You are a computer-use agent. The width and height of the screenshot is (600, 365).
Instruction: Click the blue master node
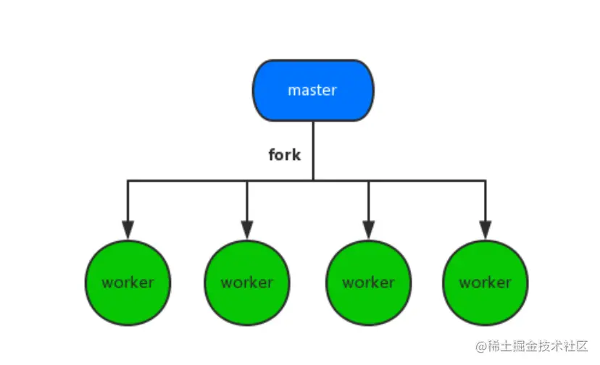pyautogui.click(x=313, y=91)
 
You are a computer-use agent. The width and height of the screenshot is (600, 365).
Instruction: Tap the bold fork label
pyautogui.click(x=284, y=154)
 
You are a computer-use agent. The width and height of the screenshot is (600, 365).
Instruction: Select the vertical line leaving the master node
pyautogui.click(x=313, y=148)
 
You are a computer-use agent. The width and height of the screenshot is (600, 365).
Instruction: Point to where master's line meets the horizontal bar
pyautogui.click(x=313, y=180)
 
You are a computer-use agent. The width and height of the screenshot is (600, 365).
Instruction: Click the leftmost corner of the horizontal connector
pyautogui.click(x=128, y=180)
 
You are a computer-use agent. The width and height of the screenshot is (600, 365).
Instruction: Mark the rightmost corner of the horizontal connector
pyautogui.click(x=485, y=180)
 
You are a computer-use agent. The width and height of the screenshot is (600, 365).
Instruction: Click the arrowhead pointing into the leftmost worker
pyautogui.click(x=128, y=229)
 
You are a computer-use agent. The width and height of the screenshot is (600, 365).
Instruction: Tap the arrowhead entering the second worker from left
pyautogui.click(x=247, y=229)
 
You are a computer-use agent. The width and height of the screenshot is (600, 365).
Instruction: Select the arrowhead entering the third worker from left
pyautogui.click(x=369, y=229)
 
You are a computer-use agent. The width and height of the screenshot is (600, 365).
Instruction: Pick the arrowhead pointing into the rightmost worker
pyautogui.click(x=485, y=229)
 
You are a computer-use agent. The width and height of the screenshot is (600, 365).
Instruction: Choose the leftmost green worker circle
pyautogui.click(x=128, y=282)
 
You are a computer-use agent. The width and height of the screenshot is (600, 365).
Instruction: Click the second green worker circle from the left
pyautogui.click(x=247, y=282)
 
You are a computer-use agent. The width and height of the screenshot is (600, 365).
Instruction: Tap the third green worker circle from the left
pyautogui.click(x=369, y=282)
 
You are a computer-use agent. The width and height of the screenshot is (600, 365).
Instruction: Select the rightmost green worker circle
pyautogui.click(x=485, y=282)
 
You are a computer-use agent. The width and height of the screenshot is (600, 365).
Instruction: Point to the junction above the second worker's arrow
pyautogui.click(x=247, y=180)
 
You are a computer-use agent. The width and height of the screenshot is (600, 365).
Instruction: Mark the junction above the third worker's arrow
pyautogui.click(x=369, y=180)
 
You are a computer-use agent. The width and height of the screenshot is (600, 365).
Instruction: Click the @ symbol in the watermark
pyautogui.click(x=480, y=347)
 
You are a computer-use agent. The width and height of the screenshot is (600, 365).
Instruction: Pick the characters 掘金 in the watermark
pyautogui.click(x=526, y=347)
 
